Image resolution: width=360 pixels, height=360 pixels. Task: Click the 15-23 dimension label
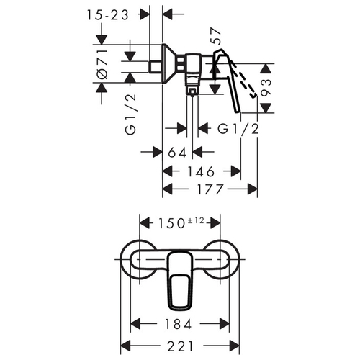pos(108,15)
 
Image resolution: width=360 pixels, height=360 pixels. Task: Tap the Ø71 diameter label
pos(102,64)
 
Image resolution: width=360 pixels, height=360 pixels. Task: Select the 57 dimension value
pos(215,36)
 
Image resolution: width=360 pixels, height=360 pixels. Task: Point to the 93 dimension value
pos(266,87)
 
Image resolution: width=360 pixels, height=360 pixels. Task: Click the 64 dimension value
pos(177,152)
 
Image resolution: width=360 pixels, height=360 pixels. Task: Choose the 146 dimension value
pos(201,171)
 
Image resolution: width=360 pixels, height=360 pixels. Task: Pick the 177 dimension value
pos(210,189)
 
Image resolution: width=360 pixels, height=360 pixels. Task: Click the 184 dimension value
pos(178,324)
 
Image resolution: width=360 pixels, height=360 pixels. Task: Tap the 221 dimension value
pos(180,346)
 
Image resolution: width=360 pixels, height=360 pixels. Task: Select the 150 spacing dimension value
pos(171,224)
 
